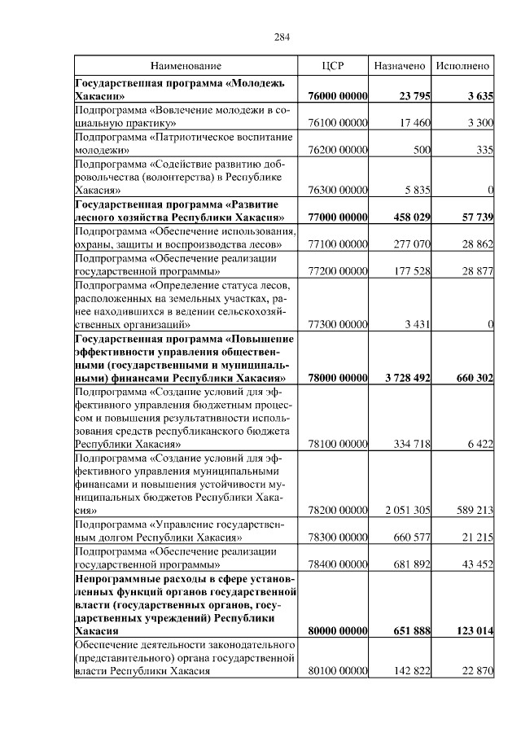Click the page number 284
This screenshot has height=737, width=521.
(x=282, y=37)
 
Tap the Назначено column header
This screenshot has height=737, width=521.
(x=400, y=65)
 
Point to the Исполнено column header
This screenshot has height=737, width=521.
(x=462, y=65)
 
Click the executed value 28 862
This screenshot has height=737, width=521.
(x=475, y=244)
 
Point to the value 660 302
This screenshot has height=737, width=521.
(x=471, y=379)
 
